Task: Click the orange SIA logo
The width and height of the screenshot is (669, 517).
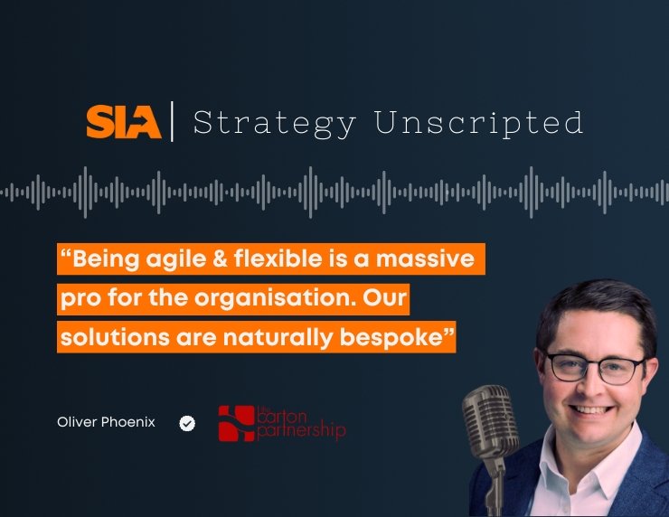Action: [x=124, y=122]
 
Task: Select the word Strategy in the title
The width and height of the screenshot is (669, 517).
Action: [x=274, y=124]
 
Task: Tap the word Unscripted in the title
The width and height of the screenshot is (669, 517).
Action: [x=478, y=124]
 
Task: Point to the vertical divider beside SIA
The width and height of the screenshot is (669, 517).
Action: [x=172, y=122]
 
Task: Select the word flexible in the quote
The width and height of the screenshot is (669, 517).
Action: [x=278, y=258]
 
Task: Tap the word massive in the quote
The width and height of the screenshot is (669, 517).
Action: [x=425, y=258]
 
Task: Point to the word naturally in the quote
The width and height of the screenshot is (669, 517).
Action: [x=278, y=338]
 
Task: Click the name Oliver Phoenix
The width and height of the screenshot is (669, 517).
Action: [x=107, y=422]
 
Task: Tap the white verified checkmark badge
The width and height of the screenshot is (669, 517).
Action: [x=187, y=423]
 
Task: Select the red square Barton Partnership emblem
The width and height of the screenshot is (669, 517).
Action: [x=236, y=424]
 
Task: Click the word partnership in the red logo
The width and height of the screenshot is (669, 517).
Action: [x=301, y=430]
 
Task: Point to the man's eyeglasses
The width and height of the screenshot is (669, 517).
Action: [x=595, y=369]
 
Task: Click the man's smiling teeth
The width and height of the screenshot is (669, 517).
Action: [x=591, y=410]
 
